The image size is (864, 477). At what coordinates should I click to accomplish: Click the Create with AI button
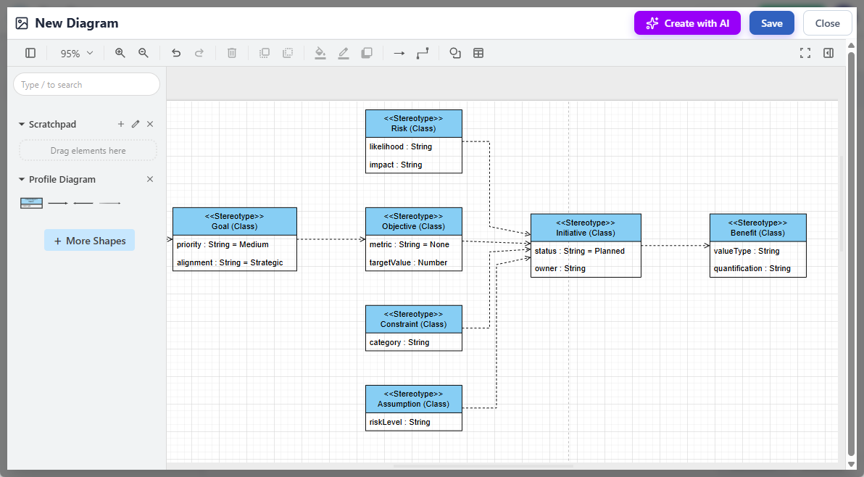687,23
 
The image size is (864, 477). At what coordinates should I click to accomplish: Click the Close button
827,23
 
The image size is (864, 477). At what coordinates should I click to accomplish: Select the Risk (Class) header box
413,123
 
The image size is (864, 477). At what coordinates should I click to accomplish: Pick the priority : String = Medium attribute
223,244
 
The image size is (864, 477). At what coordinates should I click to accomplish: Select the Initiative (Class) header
586,228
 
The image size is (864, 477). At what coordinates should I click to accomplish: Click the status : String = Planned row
579,251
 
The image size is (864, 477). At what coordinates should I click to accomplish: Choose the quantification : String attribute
752,268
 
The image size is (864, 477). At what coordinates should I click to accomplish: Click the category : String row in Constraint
399,342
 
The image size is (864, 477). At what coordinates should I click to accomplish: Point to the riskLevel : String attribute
399,422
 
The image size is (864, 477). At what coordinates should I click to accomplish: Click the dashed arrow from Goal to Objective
331,239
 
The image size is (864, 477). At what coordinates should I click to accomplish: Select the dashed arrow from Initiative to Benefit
675,246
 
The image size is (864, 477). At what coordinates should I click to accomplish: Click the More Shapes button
89,241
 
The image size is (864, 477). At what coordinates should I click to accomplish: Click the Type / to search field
86,85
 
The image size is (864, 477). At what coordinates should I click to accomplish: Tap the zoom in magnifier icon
120,53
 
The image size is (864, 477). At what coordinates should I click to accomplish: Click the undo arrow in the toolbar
176,53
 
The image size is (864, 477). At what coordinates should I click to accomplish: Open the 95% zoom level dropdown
77,53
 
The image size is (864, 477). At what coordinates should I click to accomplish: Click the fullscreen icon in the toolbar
805,53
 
